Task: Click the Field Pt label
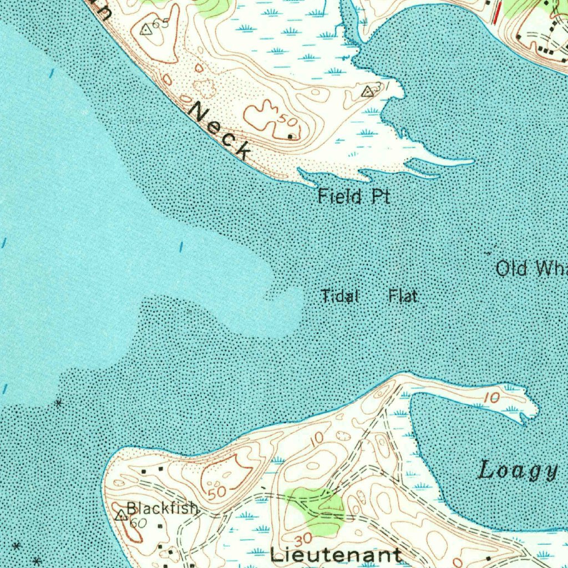point(354,196)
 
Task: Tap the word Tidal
point(340,296)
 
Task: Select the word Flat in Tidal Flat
point(403,296)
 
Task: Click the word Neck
point(220,131)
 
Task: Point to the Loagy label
point(518,470)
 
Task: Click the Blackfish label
point(162,508)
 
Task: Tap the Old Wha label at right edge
point(531,269)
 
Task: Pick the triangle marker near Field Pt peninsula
point(367,92)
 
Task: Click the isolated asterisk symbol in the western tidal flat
point(59,403)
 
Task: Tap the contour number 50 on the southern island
point(217,491)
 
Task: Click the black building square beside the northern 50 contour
point(290,135)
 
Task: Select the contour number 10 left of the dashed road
point(317,439)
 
